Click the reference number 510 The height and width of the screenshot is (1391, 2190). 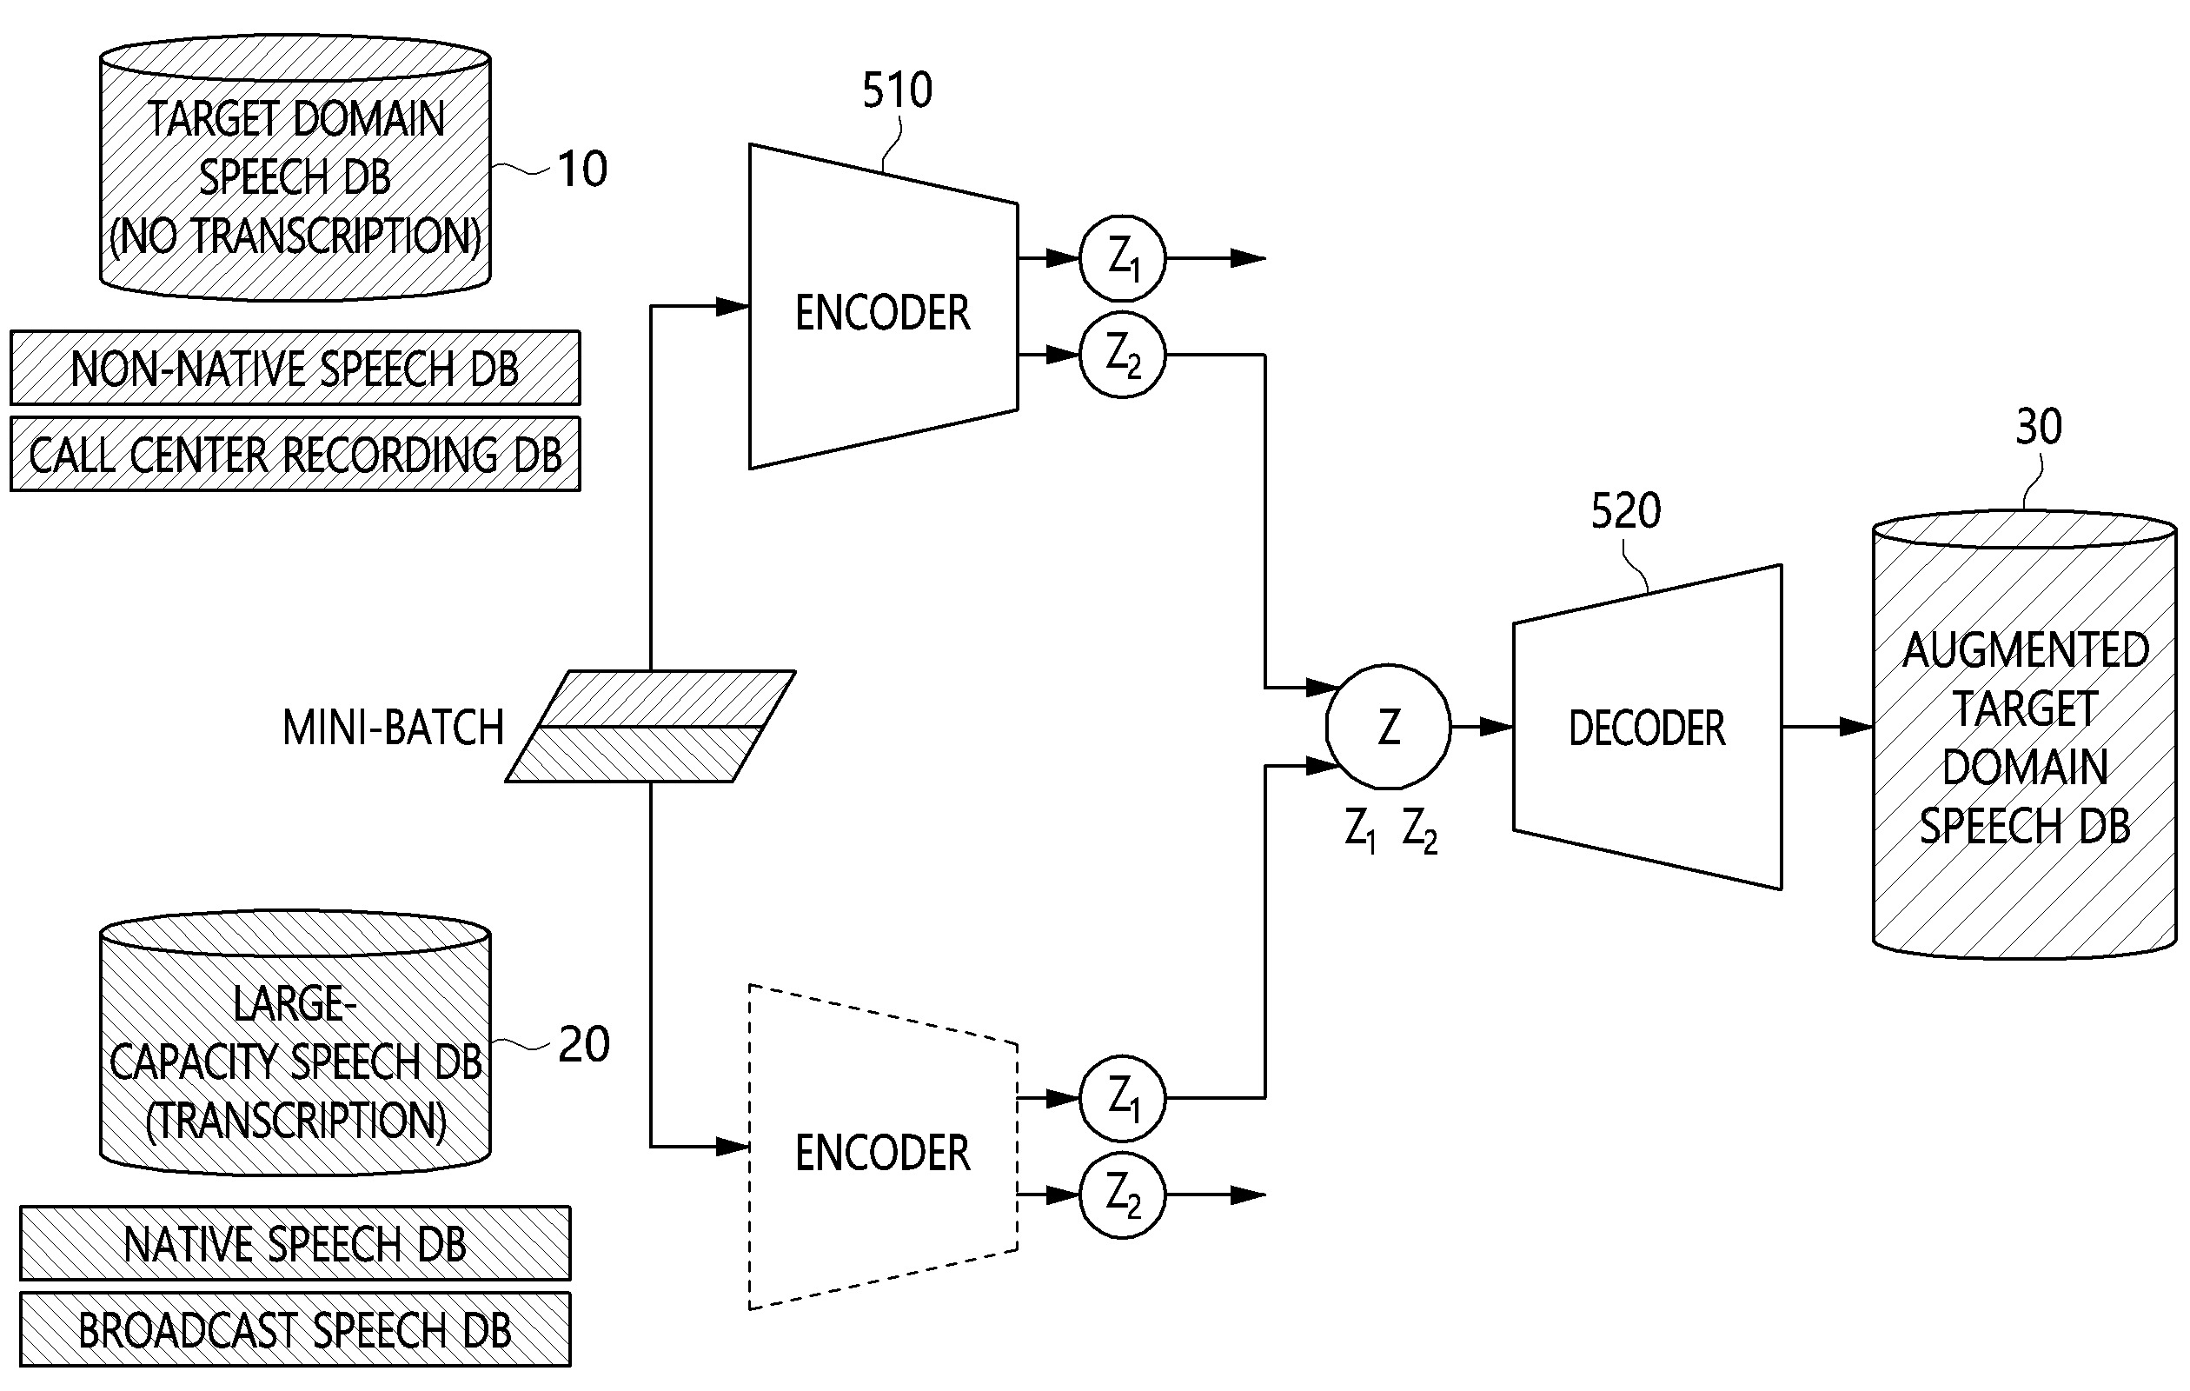coord(897,91)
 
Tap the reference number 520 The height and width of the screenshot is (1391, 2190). coord(1625,511)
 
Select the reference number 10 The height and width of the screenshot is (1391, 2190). coord(582,170)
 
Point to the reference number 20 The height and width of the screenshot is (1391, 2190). coord(584,1044)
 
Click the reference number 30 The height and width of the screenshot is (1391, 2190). coord(2038,427)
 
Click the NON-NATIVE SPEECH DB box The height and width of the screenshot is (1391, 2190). coord(295,369)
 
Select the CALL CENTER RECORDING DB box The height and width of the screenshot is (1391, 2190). coord(295,455)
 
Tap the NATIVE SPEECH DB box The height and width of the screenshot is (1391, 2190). coord(295,1243)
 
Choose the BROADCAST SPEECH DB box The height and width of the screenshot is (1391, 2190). coord(295,1330)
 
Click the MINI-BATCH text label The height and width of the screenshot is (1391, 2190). coord(393,728)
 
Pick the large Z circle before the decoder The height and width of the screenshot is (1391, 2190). coord(1388,727)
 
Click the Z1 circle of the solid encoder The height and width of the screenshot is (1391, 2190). coord(1122,258)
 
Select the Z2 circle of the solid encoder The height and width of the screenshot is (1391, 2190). coord(1122,355)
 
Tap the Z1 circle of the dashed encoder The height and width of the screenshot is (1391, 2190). coord(1122,1098)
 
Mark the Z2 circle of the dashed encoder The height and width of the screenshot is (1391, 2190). coord(1122,1195)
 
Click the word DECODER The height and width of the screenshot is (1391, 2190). coord(1646,729)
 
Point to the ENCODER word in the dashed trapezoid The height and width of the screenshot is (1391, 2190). coord(882,1153)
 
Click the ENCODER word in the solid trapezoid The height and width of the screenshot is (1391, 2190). coord(882,313)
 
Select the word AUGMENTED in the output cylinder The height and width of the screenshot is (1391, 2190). coord(2026,651)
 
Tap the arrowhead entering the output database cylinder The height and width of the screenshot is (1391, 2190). coord(1857,727)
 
